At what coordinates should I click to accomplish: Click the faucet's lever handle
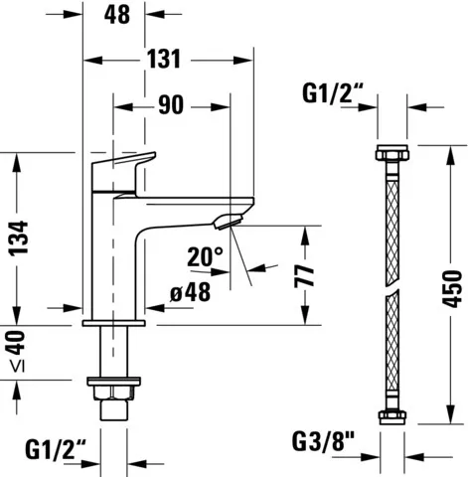pyautogui.click(x=124, y=164)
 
